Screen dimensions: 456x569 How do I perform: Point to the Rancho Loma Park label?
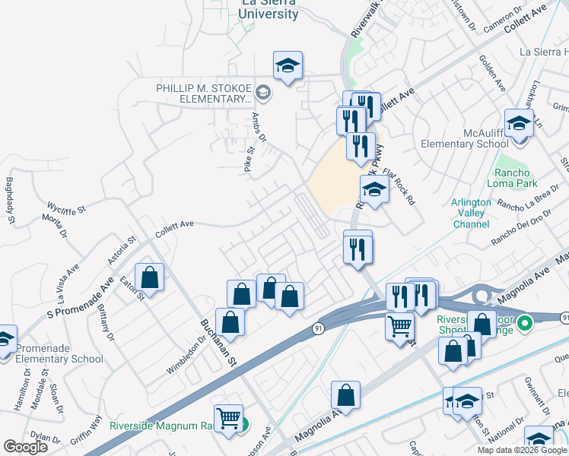click(x=517, y=178)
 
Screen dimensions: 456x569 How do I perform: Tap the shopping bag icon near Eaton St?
click(x=150, y=278)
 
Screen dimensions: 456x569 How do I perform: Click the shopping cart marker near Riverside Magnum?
click(x=228, y=419)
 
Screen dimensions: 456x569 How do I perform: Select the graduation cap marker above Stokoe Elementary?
click(x=288, y=66)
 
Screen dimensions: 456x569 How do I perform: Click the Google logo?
click(x=25, y=447)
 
